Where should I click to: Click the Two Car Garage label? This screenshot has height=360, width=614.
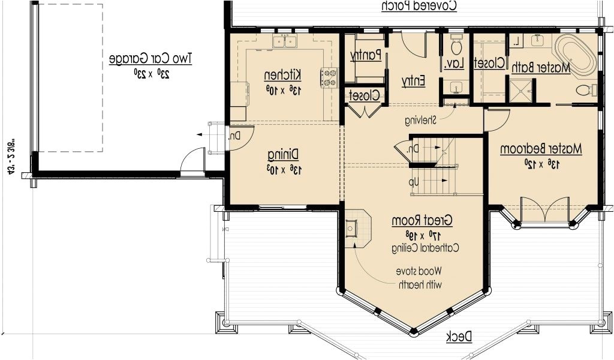[151, 59]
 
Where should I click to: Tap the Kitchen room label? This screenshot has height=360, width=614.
[283, 75]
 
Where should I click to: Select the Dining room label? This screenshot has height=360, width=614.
[283, 154]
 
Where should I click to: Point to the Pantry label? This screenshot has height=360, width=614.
[366, 55]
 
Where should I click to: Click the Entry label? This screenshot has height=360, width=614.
[414, 80]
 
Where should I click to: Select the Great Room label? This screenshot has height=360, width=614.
[422, 220]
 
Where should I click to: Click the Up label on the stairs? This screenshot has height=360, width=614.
[413, 182]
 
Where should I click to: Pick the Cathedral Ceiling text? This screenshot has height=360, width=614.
[423, 248]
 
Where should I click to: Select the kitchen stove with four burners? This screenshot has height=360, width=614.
[329, 76]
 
